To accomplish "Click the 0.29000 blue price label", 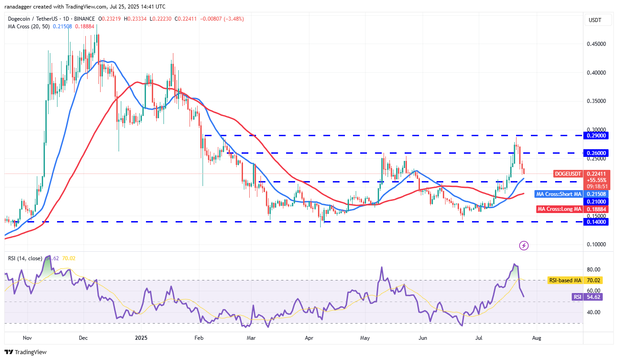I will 596,135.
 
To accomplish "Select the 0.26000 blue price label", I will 596,153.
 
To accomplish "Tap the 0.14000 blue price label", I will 596,222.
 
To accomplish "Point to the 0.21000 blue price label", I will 596,202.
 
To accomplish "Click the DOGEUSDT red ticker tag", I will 568,173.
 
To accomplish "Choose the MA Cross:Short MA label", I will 559,194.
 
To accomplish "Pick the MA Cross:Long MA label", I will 560,209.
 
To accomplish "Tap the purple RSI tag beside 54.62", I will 577,297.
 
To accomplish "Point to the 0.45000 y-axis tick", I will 596,44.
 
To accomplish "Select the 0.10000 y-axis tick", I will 596,244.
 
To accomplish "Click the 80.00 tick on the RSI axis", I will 594,270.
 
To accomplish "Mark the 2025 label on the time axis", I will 141,337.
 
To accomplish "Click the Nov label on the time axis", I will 27,337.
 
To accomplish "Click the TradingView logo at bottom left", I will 26,352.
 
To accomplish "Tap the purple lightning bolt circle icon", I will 524,245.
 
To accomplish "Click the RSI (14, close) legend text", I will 24,258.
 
